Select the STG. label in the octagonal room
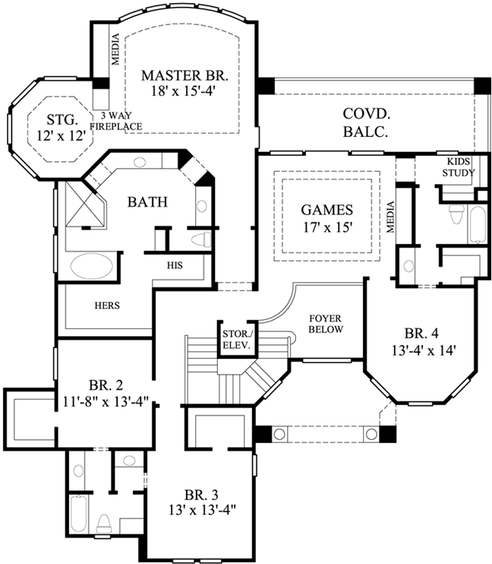pyautogui.click(x=62, y=119)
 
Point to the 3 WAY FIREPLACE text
pyautogui.click(x=117, y=121)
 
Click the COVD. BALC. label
pyautogui.click(x=366, y=122)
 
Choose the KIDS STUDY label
pyautogui.click(x=459, y=168)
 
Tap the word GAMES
pyautogui.click(x=326, y=209)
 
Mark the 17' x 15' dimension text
pyautogui.click(x=326, y=226)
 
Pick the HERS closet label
pyautogui.click(x=106, y=306)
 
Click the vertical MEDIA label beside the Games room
pyautogui.click(x=392, y=217)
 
